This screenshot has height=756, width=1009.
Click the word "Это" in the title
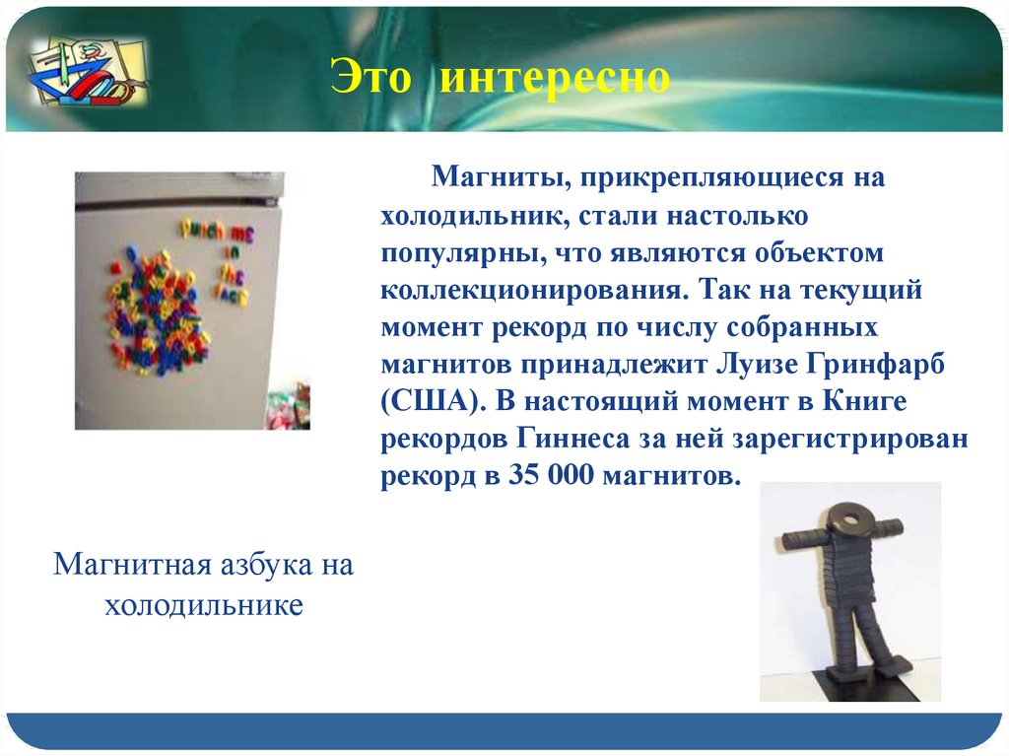370,77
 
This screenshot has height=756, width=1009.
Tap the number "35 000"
551,475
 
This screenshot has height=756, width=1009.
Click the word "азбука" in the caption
266,565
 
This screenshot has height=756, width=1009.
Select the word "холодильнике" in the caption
203,605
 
